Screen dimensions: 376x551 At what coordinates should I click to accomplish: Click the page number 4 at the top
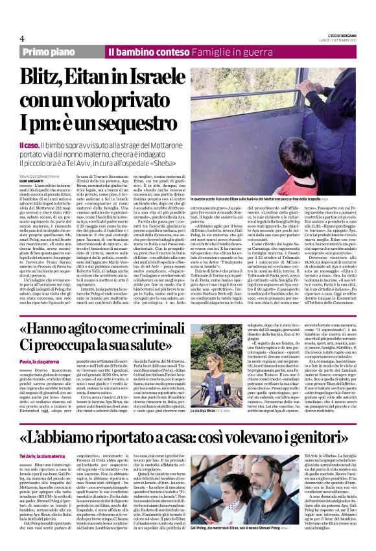(x=22, y=38)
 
